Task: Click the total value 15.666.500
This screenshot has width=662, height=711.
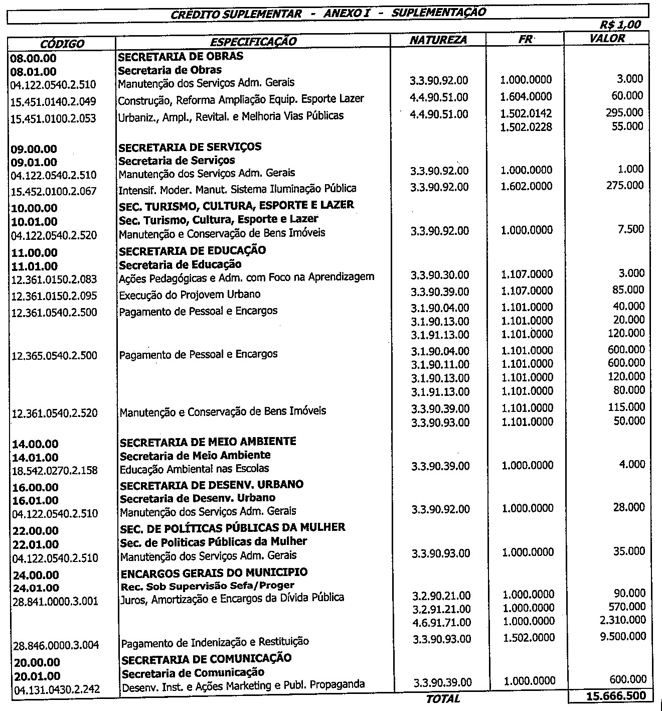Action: click(x=615, y=696)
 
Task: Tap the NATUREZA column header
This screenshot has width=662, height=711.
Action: click(x=438, y=40)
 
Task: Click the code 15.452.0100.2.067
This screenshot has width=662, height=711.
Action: click(x=54, y=191)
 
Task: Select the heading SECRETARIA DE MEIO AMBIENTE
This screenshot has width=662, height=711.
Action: click(x=208, y=442)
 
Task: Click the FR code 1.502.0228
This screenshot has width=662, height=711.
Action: click(x=526, y=127)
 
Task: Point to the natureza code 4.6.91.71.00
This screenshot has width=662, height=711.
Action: click(x=441, y=622)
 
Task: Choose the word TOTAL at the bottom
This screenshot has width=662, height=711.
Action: click(x=442, y=698)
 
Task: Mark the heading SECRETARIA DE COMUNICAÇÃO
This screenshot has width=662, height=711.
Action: click(x=206, y=658)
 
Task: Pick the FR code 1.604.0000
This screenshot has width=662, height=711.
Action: click(x=526, y=96)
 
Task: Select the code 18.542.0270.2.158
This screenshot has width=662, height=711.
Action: click(x=54, y=471)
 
